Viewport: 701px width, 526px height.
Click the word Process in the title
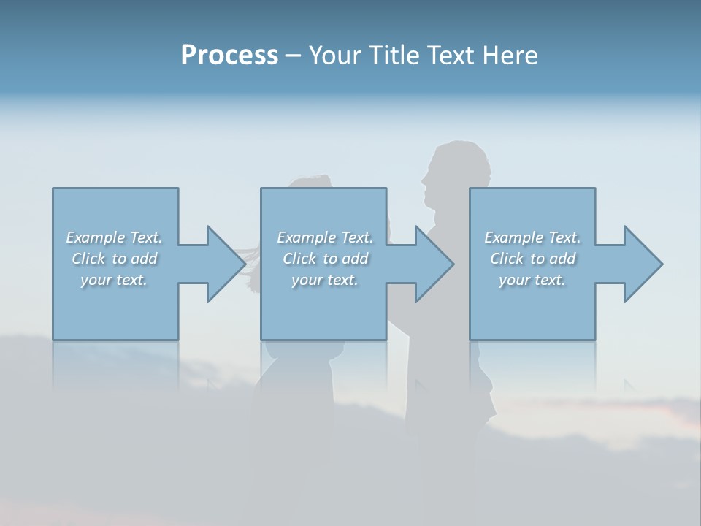point(229,56)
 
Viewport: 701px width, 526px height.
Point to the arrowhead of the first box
point(223,264)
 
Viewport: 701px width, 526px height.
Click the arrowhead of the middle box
point(432,264)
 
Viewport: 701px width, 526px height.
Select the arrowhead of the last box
point(641,264)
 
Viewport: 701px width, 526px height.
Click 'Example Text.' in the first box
point(115,237)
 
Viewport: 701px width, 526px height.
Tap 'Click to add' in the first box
point(115,259)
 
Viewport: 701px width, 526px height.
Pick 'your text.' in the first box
point(115,280)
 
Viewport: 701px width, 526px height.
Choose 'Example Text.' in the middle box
point(325,237)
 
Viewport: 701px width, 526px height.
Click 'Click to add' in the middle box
point(325,259)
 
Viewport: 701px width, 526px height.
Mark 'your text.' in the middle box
point(325,280)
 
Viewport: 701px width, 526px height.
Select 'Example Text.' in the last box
point(532,237)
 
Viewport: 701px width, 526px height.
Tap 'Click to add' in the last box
point(532,259)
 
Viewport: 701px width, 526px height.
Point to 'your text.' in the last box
point(532,280)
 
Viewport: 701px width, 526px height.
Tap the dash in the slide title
point(293,56)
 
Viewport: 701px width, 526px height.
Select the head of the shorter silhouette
point(310,183)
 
